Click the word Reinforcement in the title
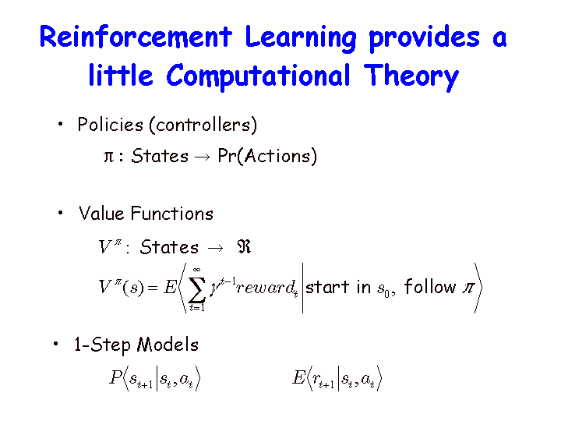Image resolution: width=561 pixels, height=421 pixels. click(x=136, y=36)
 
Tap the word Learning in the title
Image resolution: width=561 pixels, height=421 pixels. click(x=301, y=39)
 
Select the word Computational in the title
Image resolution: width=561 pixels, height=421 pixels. click(x=259, y=76)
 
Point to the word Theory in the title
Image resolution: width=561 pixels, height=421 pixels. click(x=411, y=76)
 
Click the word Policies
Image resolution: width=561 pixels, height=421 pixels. click(x=110, y=125)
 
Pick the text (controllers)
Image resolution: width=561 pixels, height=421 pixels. click(x=203, y=126)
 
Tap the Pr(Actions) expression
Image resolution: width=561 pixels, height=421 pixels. click(x=267, y=156)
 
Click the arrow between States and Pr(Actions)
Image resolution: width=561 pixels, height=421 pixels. click(x=203, y=157)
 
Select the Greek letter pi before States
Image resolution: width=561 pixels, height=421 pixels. click(x=108, y=157)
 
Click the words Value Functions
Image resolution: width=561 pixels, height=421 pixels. click(x=146, y=214)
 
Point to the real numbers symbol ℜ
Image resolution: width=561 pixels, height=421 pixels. click(x=244, y=246)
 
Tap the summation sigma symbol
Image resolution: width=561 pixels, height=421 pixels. click(x=197, y=290)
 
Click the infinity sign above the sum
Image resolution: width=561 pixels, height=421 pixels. click(x=196, y=270)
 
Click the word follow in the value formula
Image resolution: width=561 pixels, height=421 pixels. click(x=430, y=286)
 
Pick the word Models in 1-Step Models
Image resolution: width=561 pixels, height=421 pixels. click(x=168, y=345)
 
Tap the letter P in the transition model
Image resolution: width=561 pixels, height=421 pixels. click(x=116, y=377)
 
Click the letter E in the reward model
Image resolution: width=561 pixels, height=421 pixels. click(x=298, y=377)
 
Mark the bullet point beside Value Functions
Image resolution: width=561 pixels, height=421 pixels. click(x=60, y=213)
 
